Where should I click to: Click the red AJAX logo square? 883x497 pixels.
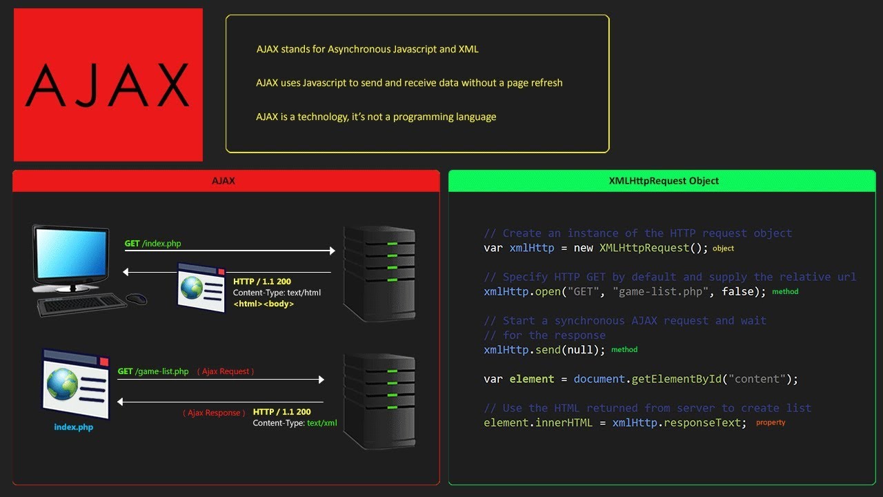pyautogui.click(x=108, y=84)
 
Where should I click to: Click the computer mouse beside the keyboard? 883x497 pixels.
pyautogui.click(x=137, y=298)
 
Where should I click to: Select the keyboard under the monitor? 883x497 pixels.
pyautogui.click(x=81, y=304)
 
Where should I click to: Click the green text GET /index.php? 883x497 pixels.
pyautogui.click(x=152, y=244)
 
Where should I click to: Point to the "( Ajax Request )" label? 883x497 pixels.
pyautogui.click(x=226, y=371)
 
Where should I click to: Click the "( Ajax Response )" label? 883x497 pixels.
pyautogui.click(x=214, y=413)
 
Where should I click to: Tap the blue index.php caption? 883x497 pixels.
pyautogui.click(x=74, y=427)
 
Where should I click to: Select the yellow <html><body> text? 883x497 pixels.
pyautogui.click(x=264, y=304)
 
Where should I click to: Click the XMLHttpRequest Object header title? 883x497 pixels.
pyautogui.click(x=664, y=181)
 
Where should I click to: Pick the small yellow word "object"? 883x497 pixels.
pyautogui.click(x=723, y=248)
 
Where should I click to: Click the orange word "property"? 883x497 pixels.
pyautogui.click(x=771, y=422)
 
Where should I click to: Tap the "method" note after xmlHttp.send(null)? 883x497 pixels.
pyautogui.click(x=624, y=350)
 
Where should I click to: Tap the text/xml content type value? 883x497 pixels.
pyautogui.click(x=322, y=423)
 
